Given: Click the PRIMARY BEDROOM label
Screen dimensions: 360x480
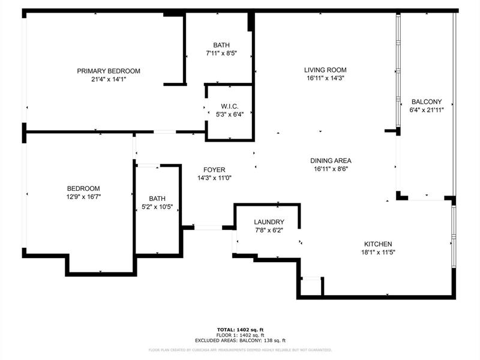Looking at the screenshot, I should coord(108,71).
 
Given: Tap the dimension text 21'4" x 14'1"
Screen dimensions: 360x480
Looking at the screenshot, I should coord(108,79).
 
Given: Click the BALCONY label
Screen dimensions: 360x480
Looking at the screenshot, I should coord(426,102).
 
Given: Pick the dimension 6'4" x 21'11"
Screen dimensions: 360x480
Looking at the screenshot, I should coord(426,110).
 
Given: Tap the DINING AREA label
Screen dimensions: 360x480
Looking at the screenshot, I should coord(331,161).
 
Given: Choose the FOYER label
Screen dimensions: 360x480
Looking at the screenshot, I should coord(214,170).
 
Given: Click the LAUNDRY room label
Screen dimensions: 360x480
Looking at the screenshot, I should coord(268,222).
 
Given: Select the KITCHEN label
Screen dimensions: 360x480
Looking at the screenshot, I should coord(378,244).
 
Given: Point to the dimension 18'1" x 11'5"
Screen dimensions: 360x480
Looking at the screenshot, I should coord(378,252).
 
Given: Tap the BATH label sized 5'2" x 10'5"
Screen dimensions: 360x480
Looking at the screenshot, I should coord(157,199).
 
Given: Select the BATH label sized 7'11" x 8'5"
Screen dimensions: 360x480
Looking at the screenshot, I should coord(221,45).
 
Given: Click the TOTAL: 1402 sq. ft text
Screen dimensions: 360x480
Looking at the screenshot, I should coord(240,329).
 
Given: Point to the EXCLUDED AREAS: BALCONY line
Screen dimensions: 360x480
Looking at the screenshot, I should coord(240,340).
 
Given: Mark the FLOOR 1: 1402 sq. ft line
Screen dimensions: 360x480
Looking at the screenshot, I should coord(240,335).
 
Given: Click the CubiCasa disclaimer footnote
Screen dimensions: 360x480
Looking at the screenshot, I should coord(240,349).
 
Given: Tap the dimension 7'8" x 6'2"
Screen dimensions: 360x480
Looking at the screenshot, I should coord(268,230).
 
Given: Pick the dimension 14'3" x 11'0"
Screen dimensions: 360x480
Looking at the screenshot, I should coord(214,178).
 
